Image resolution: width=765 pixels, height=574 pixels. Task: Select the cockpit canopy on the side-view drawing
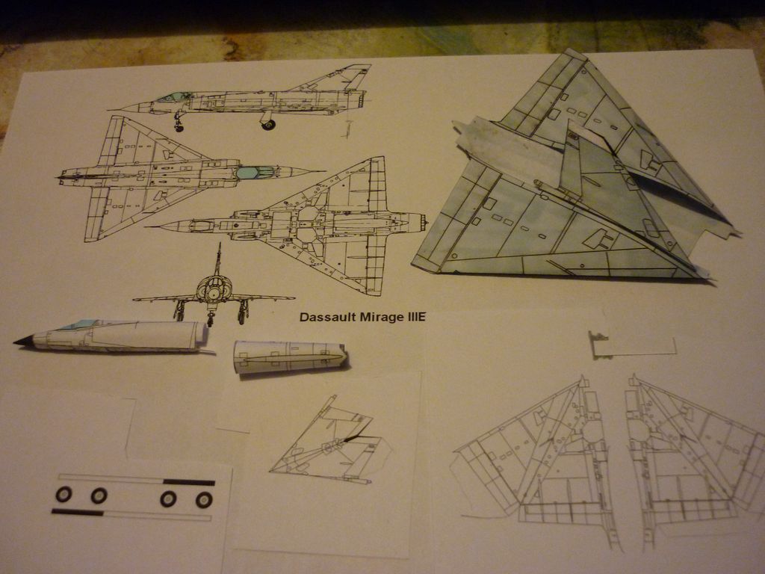[173, 97]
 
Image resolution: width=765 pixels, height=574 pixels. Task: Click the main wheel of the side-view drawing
[268, 124]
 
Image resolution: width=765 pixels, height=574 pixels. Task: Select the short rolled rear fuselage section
[288, 357]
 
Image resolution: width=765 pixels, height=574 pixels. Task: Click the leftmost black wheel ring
[64, 494]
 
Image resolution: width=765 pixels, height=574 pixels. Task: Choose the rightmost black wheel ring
[204, 499]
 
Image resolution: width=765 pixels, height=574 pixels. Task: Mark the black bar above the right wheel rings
[188, 482]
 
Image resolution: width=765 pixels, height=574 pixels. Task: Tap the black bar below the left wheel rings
[78, 512]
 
